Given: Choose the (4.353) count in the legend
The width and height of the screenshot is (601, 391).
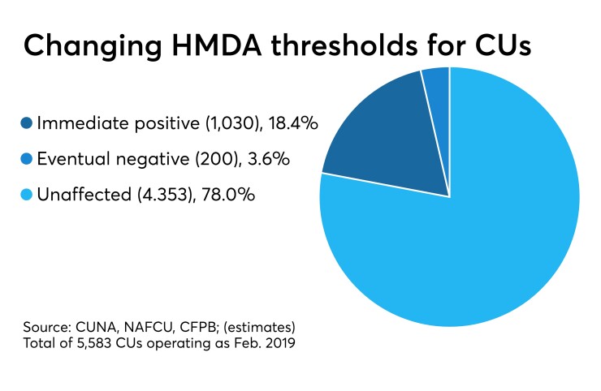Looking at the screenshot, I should (x=148, y=197).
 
